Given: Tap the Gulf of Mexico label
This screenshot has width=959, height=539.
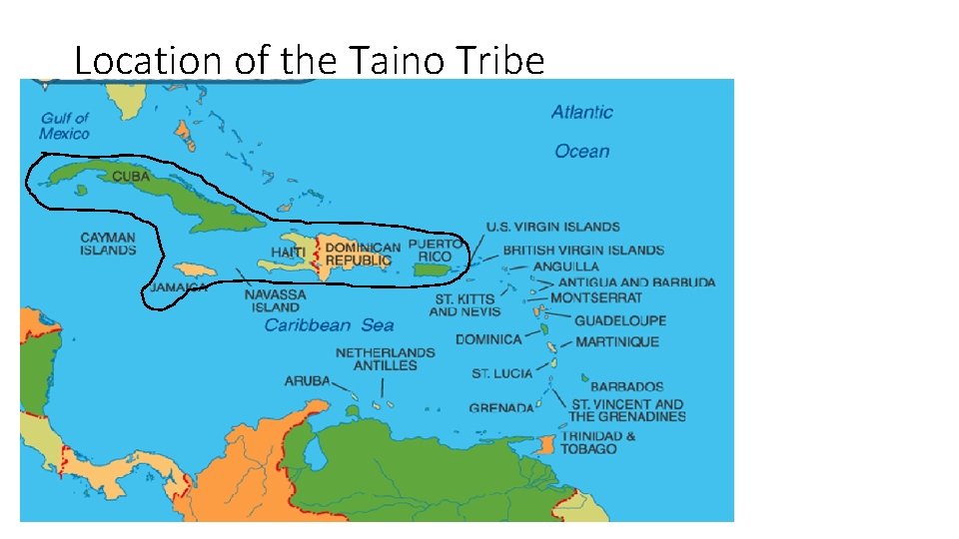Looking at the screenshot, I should (x=65, y=126).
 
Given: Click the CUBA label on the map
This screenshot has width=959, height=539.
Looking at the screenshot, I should (x=131, y=177).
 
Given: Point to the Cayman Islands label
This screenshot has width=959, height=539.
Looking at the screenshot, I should (x=108, y=245).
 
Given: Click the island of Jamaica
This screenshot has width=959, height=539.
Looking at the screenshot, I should (x=193, y=269).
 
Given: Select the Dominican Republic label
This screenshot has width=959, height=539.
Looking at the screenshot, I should (x=363, y=254).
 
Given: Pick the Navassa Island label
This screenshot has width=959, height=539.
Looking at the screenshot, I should (x=275, y=301).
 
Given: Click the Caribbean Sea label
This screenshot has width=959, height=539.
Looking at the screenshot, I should (x=329, y=325).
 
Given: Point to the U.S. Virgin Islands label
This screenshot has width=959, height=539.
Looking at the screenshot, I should (x=552, y=228).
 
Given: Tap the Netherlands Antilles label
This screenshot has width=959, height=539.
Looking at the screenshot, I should (x=385, y=359).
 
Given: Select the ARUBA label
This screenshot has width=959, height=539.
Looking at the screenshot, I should (x=307, y=381).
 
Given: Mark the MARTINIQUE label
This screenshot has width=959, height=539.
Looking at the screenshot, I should (x=617, y=342).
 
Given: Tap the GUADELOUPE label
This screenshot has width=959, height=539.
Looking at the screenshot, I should (x=619, y=321).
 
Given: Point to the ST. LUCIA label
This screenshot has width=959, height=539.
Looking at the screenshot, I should (x=501, y=374).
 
